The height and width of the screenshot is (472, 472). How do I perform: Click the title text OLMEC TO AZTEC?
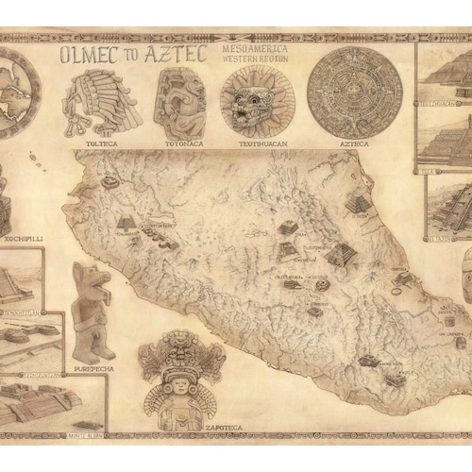pos(132,55)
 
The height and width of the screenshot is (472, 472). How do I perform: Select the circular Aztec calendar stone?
pos(354,93)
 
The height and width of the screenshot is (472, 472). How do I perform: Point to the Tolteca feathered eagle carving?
pos(101,102)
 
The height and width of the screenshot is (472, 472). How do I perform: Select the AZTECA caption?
pos(354,146)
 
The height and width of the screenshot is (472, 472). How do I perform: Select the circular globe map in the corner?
pos(14,93)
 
